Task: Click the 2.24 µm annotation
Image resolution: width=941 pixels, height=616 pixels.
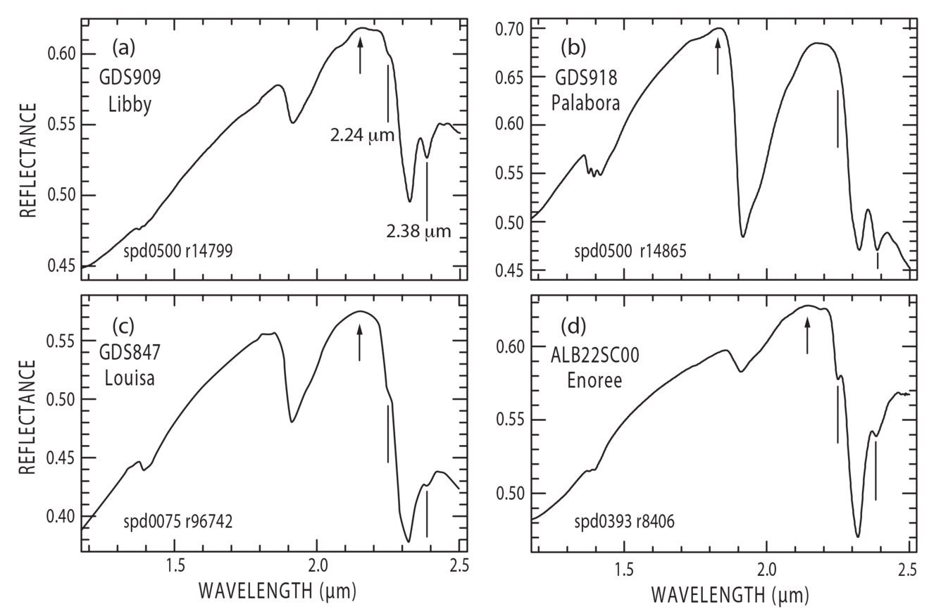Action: pos(361,135)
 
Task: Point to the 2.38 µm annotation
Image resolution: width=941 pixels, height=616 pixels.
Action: pos(418,231)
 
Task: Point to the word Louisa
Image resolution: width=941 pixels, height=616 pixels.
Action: pos(130,378)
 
